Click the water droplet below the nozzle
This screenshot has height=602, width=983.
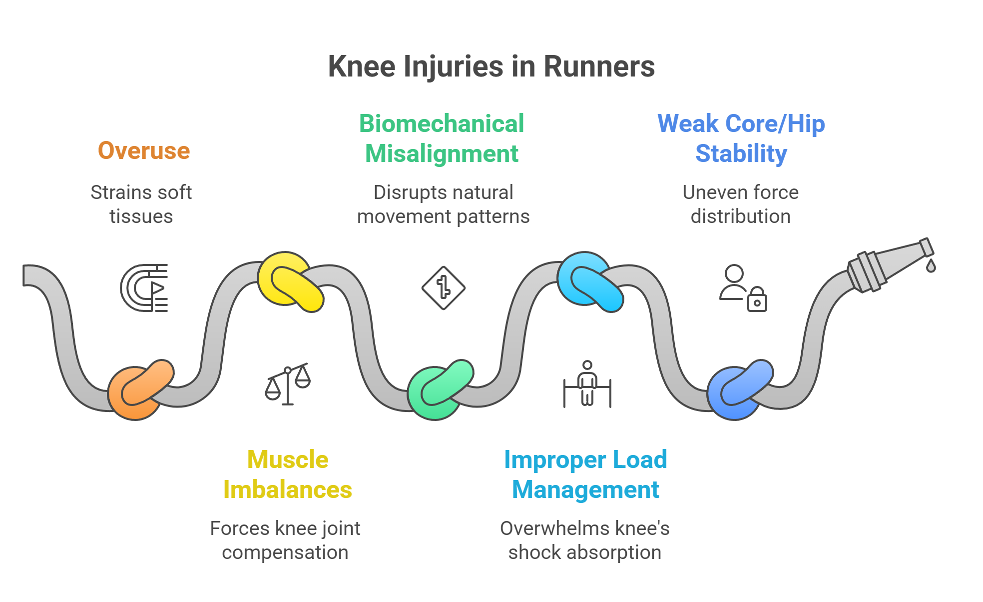tap(930, 266)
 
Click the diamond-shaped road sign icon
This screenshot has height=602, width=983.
tap(443, 288)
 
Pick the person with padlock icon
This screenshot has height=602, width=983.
tap(743, 288)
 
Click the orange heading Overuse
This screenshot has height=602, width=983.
tap(144, 150)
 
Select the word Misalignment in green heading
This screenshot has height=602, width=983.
tap(442, 153)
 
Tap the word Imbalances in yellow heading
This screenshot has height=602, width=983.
tap(288, 489)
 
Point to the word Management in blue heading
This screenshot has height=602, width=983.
tap(585, 489)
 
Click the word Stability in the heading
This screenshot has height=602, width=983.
tap(741, 153)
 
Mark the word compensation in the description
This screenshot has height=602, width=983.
tap(285, 552)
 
